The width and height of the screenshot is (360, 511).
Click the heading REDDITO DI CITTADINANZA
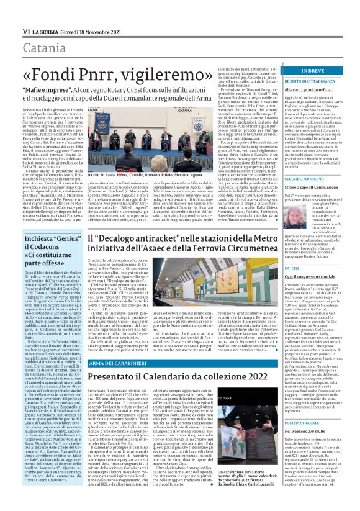coord(311,81)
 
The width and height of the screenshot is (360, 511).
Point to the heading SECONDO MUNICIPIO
coord(306,196)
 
